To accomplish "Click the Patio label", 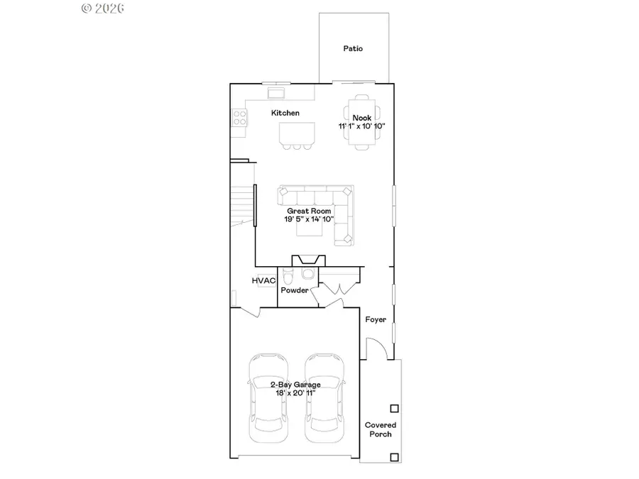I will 353,49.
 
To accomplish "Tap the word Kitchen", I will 285,113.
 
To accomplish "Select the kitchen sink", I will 275,92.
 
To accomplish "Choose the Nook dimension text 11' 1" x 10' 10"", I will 362,126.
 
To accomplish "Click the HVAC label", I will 263,281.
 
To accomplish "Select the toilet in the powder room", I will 288,275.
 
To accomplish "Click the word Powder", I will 295,290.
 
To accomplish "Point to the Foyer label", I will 376,319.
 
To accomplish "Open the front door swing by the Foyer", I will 376,348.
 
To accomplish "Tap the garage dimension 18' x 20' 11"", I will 295,393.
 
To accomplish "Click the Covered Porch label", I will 381,429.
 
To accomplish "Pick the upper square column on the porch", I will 394,408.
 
